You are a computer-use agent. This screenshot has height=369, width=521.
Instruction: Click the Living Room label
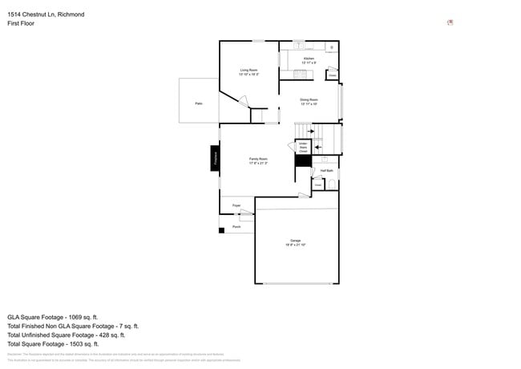pos(248,72)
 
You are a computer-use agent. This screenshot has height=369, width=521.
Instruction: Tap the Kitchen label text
pos(309,59)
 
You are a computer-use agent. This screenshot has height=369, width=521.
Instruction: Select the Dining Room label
pos(309,102)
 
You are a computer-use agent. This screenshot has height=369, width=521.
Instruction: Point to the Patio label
pos(198,103)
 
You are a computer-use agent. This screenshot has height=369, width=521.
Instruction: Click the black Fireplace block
pos(215,158)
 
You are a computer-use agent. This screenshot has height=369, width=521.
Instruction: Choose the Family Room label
pos(258,160)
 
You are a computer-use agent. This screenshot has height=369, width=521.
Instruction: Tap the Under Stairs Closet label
pos(303,148)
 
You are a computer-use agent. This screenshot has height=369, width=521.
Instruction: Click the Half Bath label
pos(326,171)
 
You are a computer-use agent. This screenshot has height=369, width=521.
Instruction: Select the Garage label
pos(296,242)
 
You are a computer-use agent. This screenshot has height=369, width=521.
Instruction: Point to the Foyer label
pos(236,206)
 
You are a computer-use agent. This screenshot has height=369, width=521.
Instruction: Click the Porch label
pos(236,227)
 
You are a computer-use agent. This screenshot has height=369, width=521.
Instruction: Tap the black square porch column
pos(221,231)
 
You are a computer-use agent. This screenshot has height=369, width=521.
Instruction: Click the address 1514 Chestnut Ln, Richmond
pos(46,14)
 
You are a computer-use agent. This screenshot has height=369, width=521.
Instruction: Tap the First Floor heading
pos(21,23)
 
